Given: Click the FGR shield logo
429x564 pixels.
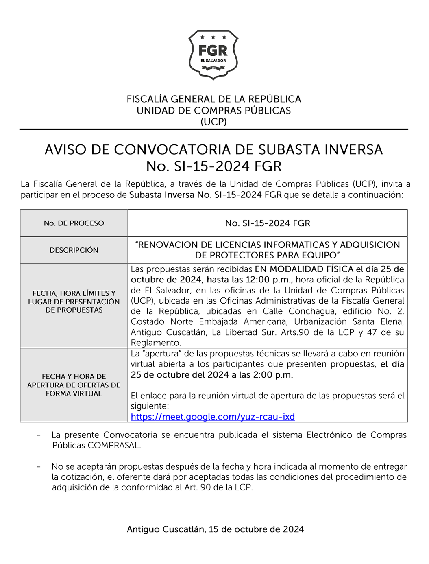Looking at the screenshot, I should [x=213, y=54].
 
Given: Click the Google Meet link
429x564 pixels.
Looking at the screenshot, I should [x=213, y=417].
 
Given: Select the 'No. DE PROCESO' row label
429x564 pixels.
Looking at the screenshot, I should [x=74, y=223].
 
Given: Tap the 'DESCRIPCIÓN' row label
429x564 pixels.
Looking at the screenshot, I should [x=74, y=250].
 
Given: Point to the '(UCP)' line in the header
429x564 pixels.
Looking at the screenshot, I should [x=213, y=122].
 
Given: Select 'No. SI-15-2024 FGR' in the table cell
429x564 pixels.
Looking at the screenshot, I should [x=268, y=223].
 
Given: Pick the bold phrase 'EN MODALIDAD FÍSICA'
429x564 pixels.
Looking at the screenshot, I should [x=304, y=269].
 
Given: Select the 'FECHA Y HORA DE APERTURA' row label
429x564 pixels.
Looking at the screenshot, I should [x=74, y=385].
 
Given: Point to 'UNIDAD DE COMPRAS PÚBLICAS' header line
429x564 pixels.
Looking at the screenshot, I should [x=213, y=111].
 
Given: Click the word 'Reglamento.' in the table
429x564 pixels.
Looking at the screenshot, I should [x=156, y=343].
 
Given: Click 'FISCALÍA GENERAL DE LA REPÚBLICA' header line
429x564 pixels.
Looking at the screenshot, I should [x=213, y=99].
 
